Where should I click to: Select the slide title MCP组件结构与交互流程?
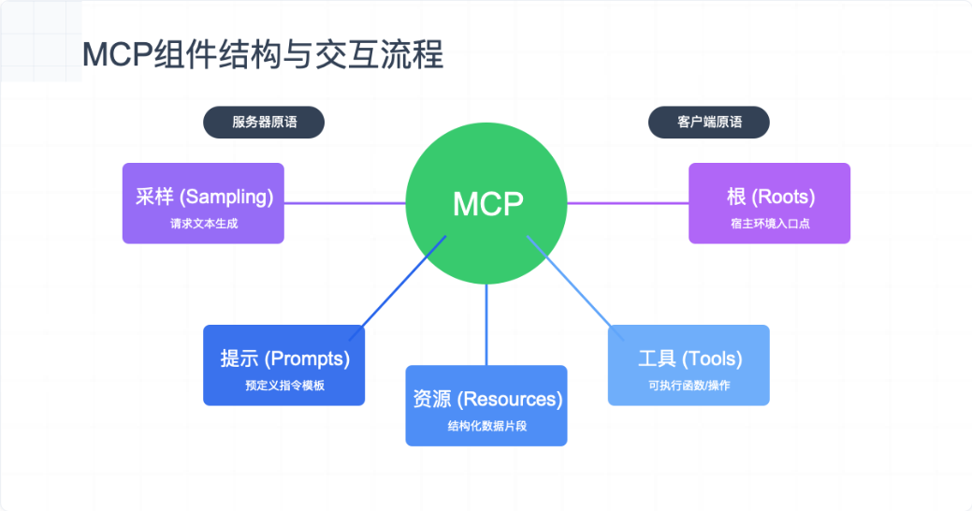coord(263,54)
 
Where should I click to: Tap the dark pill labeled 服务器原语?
coord(264,122)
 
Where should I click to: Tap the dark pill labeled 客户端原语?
coord(709,122)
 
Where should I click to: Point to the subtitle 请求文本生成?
coord(203,224)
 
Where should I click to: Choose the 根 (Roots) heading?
coord(770,197)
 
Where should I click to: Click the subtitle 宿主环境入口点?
coord(770,224)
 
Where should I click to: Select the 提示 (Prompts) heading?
coord(284,358)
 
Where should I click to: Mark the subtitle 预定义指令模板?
coord(284,386)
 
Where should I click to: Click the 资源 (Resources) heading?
coord(486,399)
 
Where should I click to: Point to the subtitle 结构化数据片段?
coord(486,426)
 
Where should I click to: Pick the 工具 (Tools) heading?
coord(689,358)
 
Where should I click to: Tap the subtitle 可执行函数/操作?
coord(689,386)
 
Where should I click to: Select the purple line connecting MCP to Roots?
coord(628,203)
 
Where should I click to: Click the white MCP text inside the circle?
coord(486,203)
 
